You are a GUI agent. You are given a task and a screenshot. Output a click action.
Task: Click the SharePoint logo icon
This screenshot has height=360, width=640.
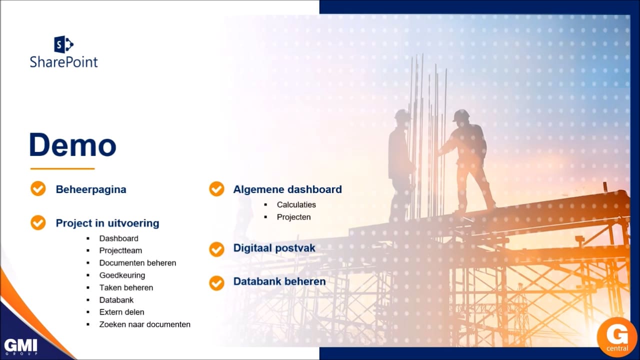[x=63, y=44]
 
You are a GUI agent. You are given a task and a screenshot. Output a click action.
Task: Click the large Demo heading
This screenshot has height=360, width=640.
[x=72, y=145]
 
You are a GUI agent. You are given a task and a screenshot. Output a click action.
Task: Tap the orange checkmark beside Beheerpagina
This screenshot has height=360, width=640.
[x=38, y=188]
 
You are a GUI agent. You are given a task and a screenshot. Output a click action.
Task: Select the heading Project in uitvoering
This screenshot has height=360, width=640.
[x=107, y=223]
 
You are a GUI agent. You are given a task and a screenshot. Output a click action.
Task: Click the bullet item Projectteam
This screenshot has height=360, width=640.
[x=120, y=250]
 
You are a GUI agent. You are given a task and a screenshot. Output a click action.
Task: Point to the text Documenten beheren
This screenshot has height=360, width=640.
[x=137, y=263]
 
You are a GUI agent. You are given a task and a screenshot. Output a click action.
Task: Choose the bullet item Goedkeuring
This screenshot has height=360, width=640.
[x=122, y=275]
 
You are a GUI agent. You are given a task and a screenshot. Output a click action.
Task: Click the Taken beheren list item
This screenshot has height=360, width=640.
[x=126, y=287]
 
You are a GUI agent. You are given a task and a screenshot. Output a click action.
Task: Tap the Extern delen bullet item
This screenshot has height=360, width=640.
[x=121, y=312]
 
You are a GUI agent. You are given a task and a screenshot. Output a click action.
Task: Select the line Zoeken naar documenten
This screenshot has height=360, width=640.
[x=145, y=324]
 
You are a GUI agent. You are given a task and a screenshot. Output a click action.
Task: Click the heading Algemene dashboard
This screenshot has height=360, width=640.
[x=287, y=189]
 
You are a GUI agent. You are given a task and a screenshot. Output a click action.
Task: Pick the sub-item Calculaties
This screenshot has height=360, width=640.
[x=296, y=204]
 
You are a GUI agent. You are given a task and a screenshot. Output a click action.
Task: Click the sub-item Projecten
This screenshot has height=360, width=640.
[x=293, y=217]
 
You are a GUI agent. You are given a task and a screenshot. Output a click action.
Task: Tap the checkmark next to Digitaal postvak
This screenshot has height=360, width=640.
[x=216, y=249]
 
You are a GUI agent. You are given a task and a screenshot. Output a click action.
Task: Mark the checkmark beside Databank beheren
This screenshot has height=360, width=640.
[x=216, y=283]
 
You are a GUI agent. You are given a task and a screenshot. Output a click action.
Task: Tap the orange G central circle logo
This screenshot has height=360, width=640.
[x=617, y=337]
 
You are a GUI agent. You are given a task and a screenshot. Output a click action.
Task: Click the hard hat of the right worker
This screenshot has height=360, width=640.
[x=461, y=115]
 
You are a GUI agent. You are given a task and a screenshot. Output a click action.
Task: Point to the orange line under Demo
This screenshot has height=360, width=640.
[x=62, y=169]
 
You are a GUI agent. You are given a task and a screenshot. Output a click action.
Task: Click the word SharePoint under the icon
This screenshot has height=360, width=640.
[x=63, y=62]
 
